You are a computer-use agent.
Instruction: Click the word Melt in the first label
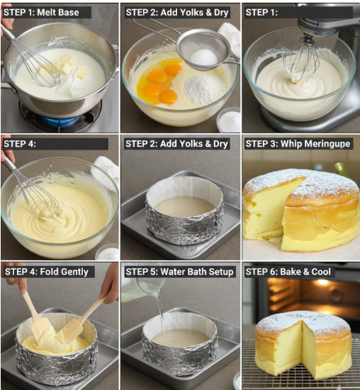tap(46, 12)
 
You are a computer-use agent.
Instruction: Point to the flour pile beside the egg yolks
tap(204, 89)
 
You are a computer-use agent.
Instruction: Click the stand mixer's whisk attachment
tap(301, 60)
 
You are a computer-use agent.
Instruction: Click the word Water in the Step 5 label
tap(172, 272)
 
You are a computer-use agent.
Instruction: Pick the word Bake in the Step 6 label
tap(290, 272)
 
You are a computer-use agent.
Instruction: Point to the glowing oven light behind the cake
tap(322, 282)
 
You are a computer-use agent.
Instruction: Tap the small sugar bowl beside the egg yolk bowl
tap(229, 120)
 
